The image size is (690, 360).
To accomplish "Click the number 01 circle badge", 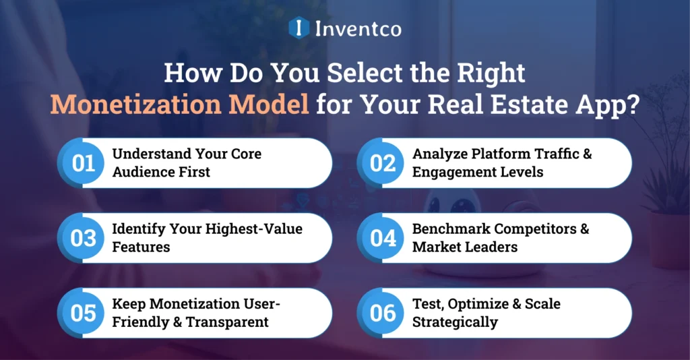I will tap(84, 164).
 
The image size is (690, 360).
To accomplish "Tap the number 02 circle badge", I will tap(383, 164).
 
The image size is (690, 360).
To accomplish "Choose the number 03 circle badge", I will tap(84, 239).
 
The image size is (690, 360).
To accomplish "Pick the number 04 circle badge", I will tap(383, 239).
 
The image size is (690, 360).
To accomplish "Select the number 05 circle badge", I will tap(84, 313).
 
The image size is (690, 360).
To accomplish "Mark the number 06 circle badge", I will tap(383, 313).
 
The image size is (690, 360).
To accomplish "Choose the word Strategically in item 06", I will tap(455, 322).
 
